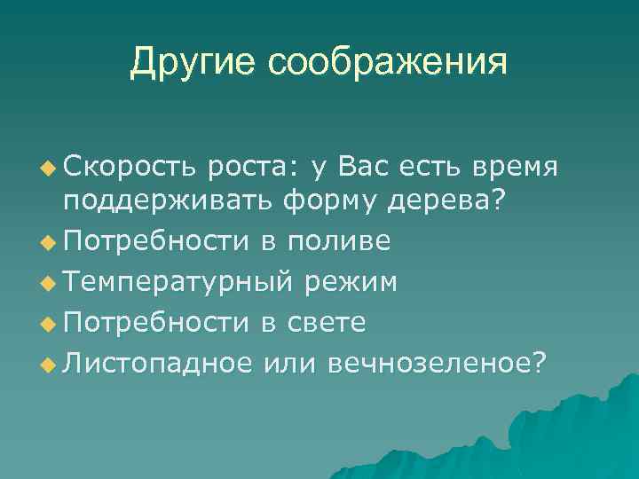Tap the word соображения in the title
click(x=387, y=63)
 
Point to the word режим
click(x=351, y=282)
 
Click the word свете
click(x=327, y=321)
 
